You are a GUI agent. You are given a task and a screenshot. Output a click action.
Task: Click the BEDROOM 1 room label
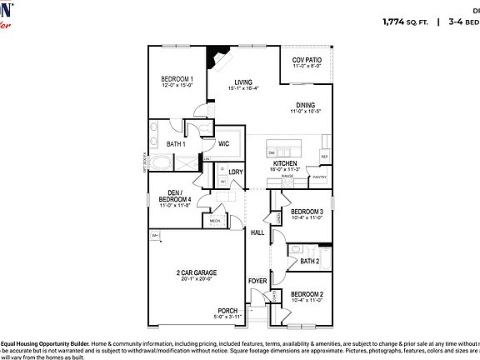(177, 79)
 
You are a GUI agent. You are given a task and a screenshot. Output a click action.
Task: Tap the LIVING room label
(242, 82)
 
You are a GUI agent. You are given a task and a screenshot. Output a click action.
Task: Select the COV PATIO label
(307, 61)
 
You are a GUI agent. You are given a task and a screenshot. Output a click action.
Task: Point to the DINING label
(305, 105)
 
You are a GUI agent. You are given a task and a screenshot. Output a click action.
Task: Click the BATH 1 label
(176, 144)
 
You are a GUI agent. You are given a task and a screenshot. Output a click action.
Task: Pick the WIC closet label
(223, 143)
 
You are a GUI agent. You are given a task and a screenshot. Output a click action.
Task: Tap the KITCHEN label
(285, 163)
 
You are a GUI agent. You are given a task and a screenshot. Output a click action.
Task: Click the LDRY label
(236, 172)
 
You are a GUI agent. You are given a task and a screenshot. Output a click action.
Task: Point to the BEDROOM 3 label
(307, 212)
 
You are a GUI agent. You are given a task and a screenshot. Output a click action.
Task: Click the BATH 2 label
(310, 261)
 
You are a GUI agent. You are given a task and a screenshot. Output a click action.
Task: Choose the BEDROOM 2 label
(307, 294)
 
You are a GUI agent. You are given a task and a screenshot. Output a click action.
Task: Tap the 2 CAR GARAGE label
(197, 273)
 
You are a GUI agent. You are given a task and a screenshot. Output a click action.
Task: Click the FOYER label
(257, 281)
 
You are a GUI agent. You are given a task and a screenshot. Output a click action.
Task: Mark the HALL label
(257, 232)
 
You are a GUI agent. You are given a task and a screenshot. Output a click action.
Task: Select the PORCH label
(227, 311)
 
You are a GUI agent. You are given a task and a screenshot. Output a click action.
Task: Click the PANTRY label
(319, 177)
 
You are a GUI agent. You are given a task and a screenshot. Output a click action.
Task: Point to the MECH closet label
(214, 221)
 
